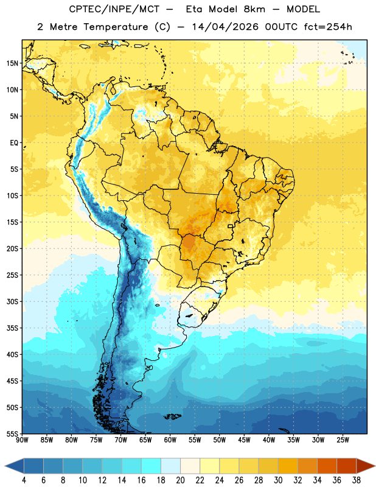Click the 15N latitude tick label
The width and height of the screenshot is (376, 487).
pos(12,63)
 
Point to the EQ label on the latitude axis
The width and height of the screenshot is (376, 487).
pos(14,143)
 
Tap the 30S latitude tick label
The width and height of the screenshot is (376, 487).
pos(12,301)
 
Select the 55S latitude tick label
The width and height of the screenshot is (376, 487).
pos(12,433)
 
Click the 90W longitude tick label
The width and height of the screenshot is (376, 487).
pos(22,440)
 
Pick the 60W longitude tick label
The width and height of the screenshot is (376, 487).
pos(170,440)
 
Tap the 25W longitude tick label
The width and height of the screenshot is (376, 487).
pos(343,440)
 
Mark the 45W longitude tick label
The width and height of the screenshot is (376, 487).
pos(244,440)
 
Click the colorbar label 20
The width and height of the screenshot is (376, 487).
pos(180,480)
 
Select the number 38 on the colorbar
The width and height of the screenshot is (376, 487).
pos(357,480)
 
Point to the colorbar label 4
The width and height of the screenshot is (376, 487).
pos(24,480)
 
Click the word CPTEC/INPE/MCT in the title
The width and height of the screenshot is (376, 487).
pos(114,9)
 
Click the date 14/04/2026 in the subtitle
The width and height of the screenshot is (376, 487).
pos(225,27)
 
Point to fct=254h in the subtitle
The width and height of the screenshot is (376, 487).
pos(328,27)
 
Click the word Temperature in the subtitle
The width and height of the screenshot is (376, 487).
pos(116,27)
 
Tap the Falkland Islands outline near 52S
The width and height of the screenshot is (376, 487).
pos(173,416)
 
